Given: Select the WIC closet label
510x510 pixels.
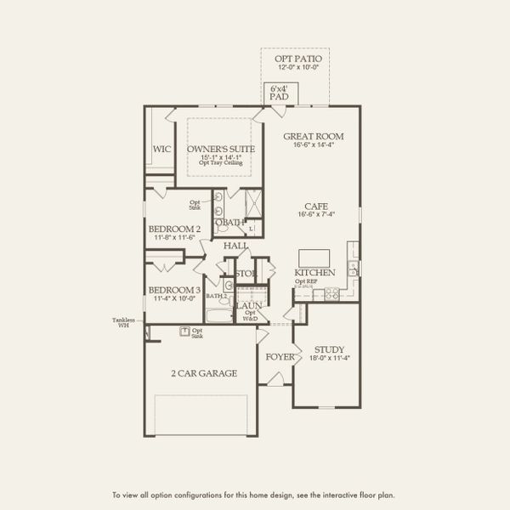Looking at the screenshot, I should point(161,149).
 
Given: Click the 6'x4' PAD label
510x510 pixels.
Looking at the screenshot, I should point(279,93).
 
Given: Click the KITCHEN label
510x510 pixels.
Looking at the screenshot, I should point(314,272).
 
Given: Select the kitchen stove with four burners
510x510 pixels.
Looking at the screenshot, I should point(331,294).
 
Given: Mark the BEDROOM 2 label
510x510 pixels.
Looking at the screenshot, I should point(174,229).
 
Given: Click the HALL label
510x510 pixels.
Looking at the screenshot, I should point(235,246).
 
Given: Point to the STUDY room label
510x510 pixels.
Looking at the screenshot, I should point(328,349).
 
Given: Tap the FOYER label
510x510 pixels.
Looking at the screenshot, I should point(279,357).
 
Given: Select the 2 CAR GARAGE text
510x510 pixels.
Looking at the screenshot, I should point(204,373).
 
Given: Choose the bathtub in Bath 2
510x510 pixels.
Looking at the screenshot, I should point(218,316).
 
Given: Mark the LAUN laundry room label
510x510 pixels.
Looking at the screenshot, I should point(248,305).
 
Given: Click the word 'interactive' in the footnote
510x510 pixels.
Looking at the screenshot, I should point(331,494).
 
